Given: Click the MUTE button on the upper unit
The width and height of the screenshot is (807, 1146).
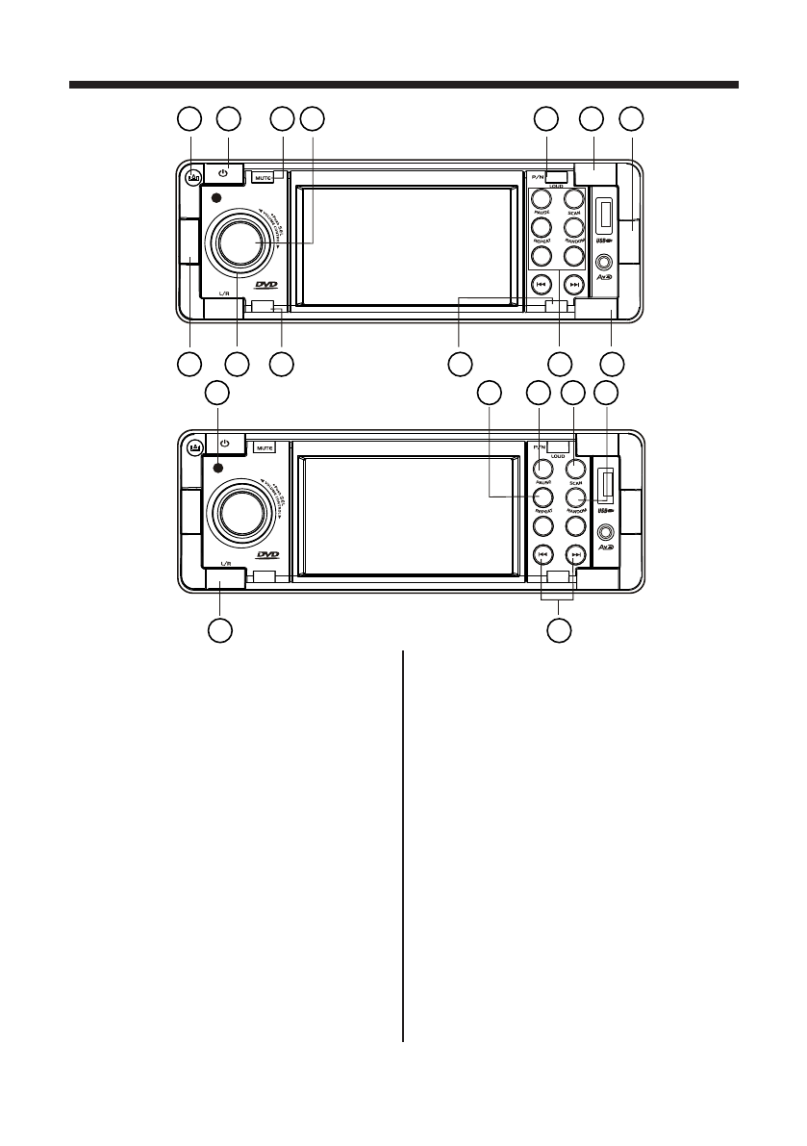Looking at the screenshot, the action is coord(263,177).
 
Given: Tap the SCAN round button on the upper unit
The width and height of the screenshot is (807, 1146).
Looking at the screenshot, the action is coord(574,199).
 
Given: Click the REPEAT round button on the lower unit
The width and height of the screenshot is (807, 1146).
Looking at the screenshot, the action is coord(542,497).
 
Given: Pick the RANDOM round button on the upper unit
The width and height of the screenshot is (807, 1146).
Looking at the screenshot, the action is coord(574,228).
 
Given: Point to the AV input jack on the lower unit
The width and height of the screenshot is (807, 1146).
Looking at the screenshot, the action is coord(605,528).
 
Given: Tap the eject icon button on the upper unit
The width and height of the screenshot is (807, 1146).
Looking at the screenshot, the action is coord(193,177).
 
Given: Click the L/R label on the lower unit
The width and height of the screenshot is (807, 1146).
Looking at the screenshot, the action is coord(225,563).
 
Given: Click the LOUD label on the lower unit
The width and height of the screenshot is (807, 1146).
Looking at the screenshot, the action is coord(559,452).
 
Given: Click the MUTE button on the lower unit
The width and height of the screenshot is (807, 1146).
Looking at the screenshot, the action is coord(265,447).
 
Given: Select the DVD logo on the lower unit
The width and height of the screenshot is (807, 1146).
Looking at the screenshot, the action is coord(267,556).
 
